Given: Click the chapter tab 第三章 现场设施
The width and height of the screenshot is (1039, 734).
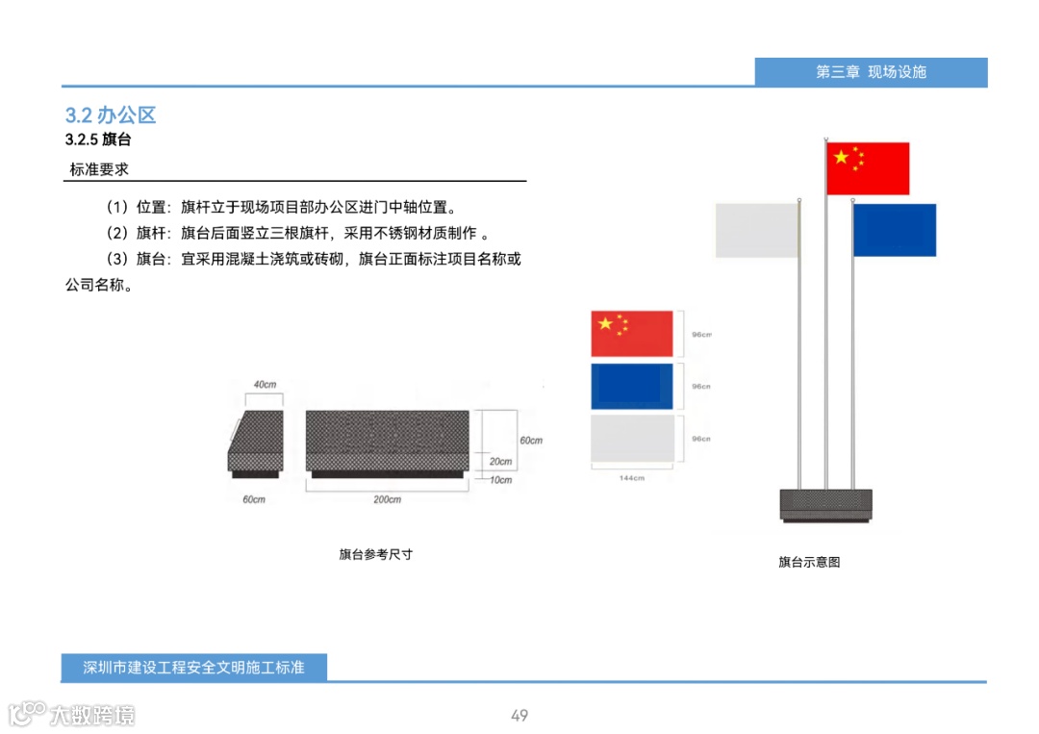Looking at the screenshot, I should (871, 72).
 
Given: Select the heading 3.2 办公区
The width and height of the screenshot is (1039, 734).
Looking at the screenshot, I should (111, 115).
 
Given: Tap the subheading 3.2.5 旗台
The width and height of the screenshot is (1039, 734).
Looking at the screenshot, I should (98, 139).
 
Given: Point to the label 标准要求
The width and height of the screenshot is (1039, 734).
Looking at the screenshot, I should (99, 170).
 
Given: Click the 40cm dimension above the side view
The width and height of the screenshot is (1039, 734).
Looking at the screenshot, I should (265, 385).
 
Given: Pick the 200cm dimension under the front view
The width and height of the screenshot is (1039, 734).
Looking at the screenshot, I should (388, 499).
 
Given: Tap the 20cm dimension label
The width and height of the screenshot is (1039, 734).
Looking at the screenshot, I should (500, 462).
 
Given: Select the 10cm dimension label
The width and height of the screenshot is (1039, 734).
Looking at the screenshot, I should (500, 479).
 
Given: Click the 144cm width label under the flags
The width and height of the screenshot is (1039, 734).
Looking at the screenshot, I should (632, 477).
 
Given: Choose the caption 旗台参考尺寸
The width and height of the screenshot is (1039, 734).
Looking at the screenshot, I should (375, 555).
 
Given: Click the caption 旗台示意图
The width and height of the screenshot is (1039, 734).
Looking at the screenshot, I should (809, 562).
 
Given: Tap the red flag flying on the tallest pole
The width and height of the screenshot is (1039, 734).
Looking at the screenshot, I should (868, 168).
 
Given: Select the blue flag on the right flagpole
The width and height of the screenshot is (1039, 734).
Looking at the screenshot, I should (895, 230).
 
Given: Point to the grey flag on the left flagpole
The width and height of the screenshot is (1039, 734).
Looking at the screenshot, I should (757, 230).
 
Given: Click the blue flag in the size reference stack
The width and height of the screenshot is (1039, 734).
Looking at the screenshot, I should (632, 387).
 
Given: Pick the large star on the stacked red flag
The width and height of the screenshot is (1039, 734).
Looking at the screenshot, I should (605, 324).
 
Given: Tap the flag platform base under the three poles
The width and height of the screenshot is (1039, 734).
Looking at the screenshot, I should (825, 505).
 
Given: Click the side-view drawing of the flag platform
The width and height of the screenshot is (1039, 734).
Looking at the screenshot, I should (256, 443).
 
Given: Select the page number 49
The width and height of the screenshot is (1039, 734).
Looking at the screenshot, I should (519, 716).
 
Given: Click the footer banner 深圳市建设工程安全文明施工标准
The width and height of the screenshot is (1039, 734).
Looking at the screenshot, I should (193, 667).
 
